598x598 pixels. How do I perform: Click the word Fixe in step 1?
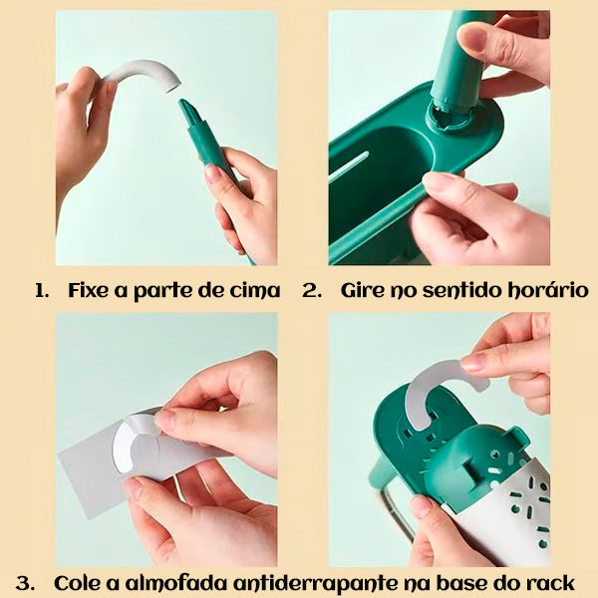click(x=89, y=290)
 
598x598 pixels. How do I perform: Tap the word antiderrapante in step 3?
click(x=316, y=583)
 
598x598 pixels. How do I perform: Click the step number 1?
click(x=42, y=291)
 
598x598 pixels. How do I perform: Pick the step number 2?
click(x=312, y=291)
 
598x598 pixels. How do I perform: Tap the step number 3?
click(x=25, y=583)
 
